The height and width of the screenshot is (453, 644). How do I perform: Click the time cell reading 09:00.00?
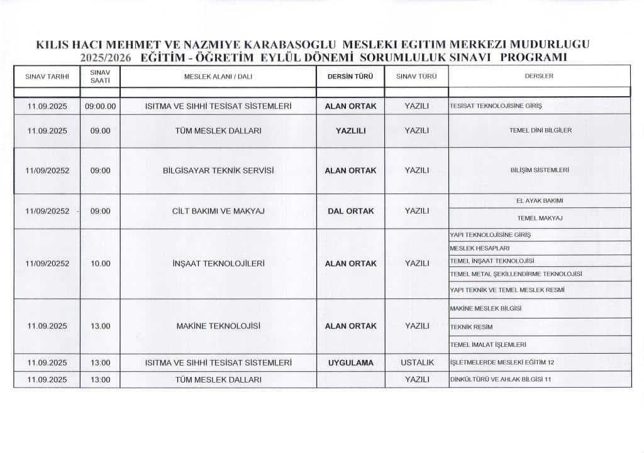[100, 106]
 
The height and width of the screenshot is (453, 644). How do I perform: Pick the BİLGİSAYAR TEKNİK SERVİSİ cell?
[218, 170]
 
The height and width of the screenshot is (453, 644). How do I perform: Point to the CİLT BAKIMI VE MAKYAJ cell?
[218, 211]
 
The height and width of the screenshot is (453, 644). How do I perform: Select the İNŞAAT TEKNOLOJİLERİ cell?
[218, 264]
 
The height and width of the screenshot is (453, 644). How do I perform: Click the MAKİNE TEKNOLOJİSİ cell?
[218, 326]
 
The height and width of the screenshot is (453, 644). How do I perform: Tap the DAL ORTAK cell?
[350, 211]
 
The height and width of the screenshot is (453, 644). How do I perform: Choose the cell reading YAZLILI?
[350, 131]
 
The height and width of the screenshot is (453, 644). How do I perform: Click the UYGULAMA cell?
[350, 363]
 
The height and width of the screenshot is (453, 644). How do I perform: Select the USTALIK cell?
[416, 363]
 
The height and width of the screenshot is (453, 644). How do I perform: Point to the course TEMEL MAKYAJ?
[539, 218]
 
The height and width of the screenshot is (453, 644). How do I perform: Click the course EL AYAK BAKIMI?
[539, 200]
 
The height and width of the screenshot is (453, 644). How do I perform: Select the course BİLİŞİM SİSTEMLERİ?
[539, 170]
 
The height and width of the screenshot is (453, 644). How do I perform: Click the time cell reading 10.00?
[100, 264]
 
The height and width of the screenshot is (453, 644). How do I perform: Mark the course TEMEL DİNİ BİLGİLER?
[540, 131]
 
